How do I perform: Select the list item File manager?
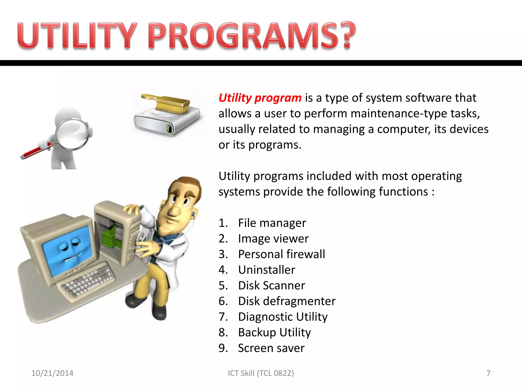(x=272, y=223)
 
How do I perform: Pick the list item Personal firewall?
(x=281, y=254)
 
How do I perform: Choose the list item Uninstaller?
(x=267, y=270)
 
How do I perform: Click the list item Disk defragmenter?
(x=286, y=301)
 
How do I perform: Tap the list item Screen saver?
(x=271, y=348)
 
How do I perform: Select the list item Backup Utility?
(x=274, y=332)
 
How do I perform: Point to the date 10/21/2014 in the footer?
(x=52, y=373)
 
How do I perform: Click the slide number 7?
(x=488, y=373)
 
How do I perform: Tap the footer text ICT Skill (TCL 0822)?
(x=261, y=373)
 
